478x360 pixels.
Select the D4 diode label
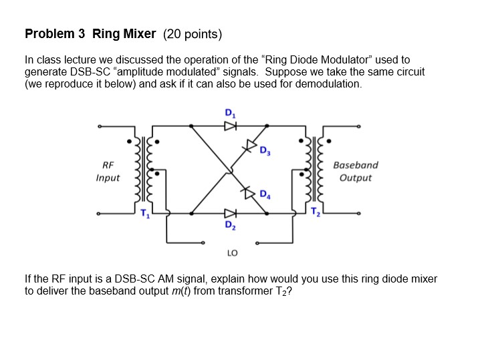pos(265,196)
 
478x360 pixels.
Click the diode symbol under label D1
pos(231,125)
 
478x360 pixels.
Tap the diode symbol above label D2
pos(231,214)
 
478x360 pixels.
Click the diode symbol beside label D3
pos(252,144)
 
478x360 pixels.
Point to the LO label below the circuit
pos(231,253)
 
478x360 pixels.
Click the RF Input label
pos(108,171)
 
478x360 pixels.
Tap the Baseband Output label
pos(355,171)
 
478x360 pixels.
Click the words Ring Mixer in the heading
pos(124,33)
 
